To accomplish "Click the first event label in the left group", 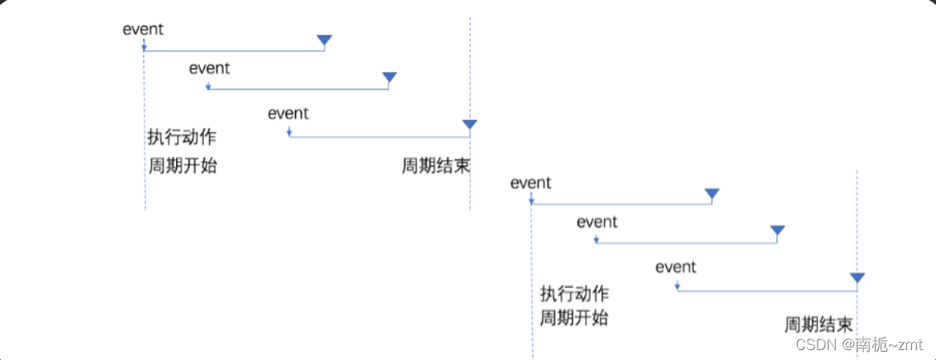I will click(x=143, y=30).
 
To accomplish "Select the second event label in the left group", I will click(x=209, y=69).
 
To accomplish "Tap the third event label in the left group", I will click(x=287, y=114).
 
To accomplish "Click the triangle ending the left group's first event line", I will click(x=324, y=40).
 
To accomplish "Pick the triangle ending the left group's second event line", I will click(x=389, y=78).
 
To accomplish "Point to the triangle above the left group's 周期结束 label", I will click(x=469, y=125).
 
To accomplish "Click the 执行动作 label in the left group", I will click(x=182, y=137).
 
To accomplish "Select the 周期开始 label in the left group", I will click(x=182, y=165).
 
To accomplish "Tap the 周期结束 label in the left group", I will click(x=435, y=166).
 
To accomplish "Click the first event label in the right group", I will click(x=530, y=183).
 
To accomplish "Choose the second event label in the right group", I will click(x=596, y=222).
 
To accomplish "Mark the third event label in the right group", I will click(x=676, y=268).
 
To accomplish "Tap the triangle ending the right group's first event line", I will click(x=711, y=194).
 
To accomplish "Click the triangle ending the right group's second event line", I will click(x=777, y=231).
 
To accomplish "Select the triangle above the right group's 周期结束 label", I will click(x=857, y=278).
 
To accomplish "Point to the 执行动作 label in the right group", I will click(x=574, y=293).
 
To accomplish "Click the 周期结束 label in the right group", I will click(x=818, y=324).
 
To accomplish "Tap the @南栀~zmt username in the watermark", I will click(x=878, y=344).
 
